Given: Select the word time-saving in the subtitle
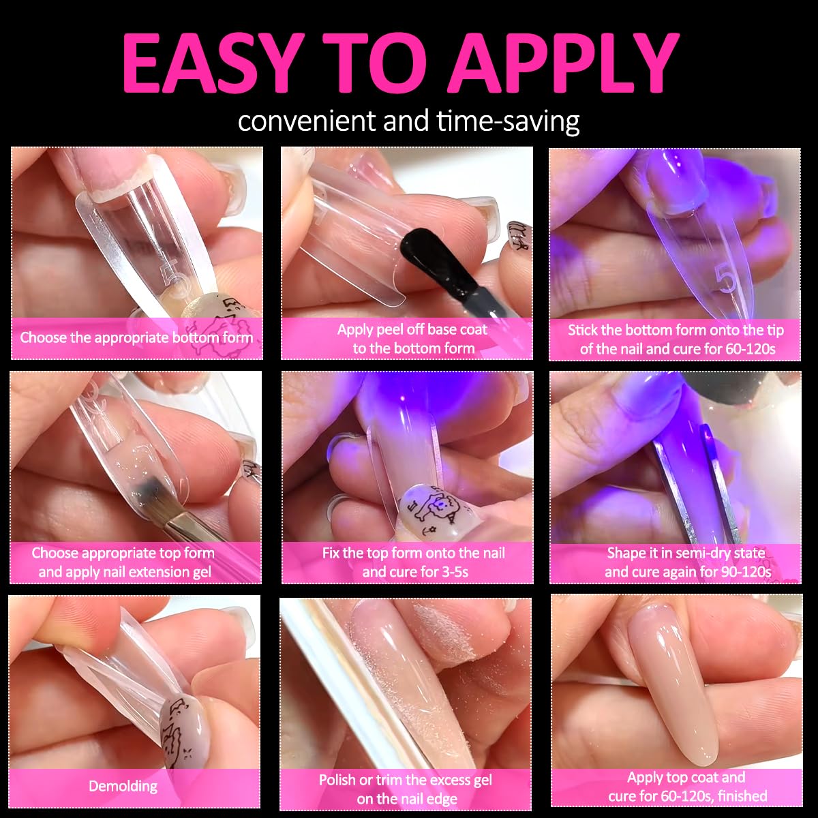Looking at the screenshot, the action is (x=508, y=122).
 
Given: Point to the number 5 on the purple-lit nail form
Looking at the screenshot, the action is (x=727, y=279).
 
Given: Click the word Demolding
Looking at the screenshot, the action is (x=123, y=787).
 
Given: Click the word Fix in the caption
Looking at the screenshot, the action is (x=331, y=553).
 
